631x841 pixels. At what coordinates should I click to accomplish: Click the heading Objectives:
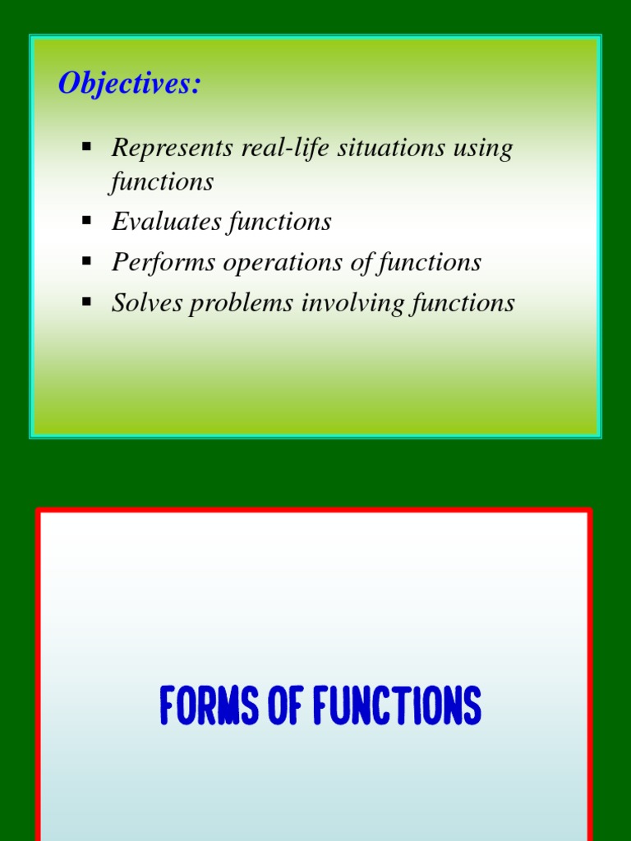pyautogui.click(x=129, y=84)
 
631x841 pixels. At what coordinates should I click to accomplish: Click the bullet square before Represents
pyautogui.click(x=86, y=147)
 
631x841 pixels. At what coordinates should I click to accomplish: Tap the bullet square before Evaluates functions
pyautogui.click(x=86, y=220)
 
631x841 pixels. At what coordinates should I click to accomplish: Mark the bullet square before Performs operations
pyautogui.click(x=86, y=261)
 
